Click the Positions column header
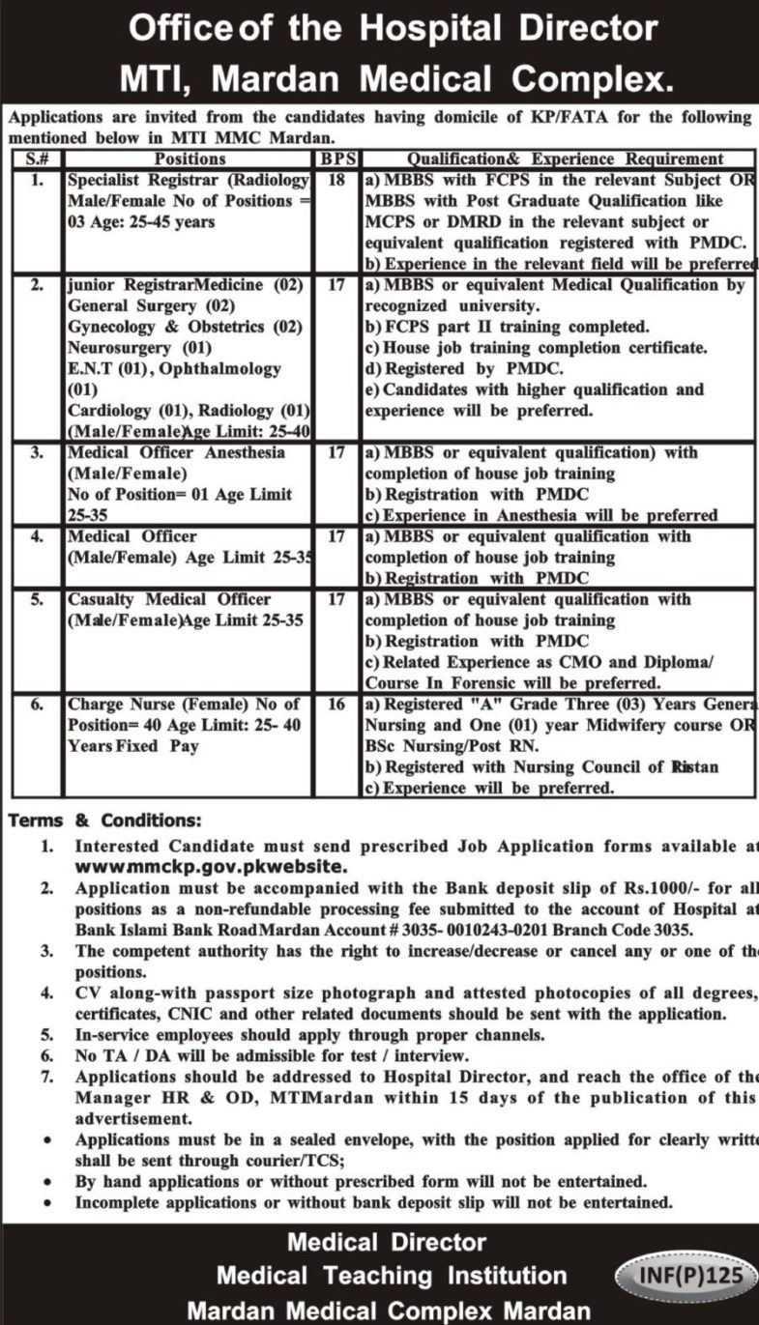click(190, 158)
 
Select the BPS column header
click(336, 158)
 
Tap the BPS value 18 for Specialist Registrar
click(336, 180)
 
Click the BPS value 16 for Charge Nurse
click(336, 706)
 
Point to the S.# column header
click(37, 158)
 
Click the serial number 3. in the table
click(37, 452)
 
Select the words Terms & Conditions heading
click(105, 821)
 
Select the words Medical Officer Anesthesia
click(177, 452)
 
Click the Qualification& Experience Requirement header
click(565, 158)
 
